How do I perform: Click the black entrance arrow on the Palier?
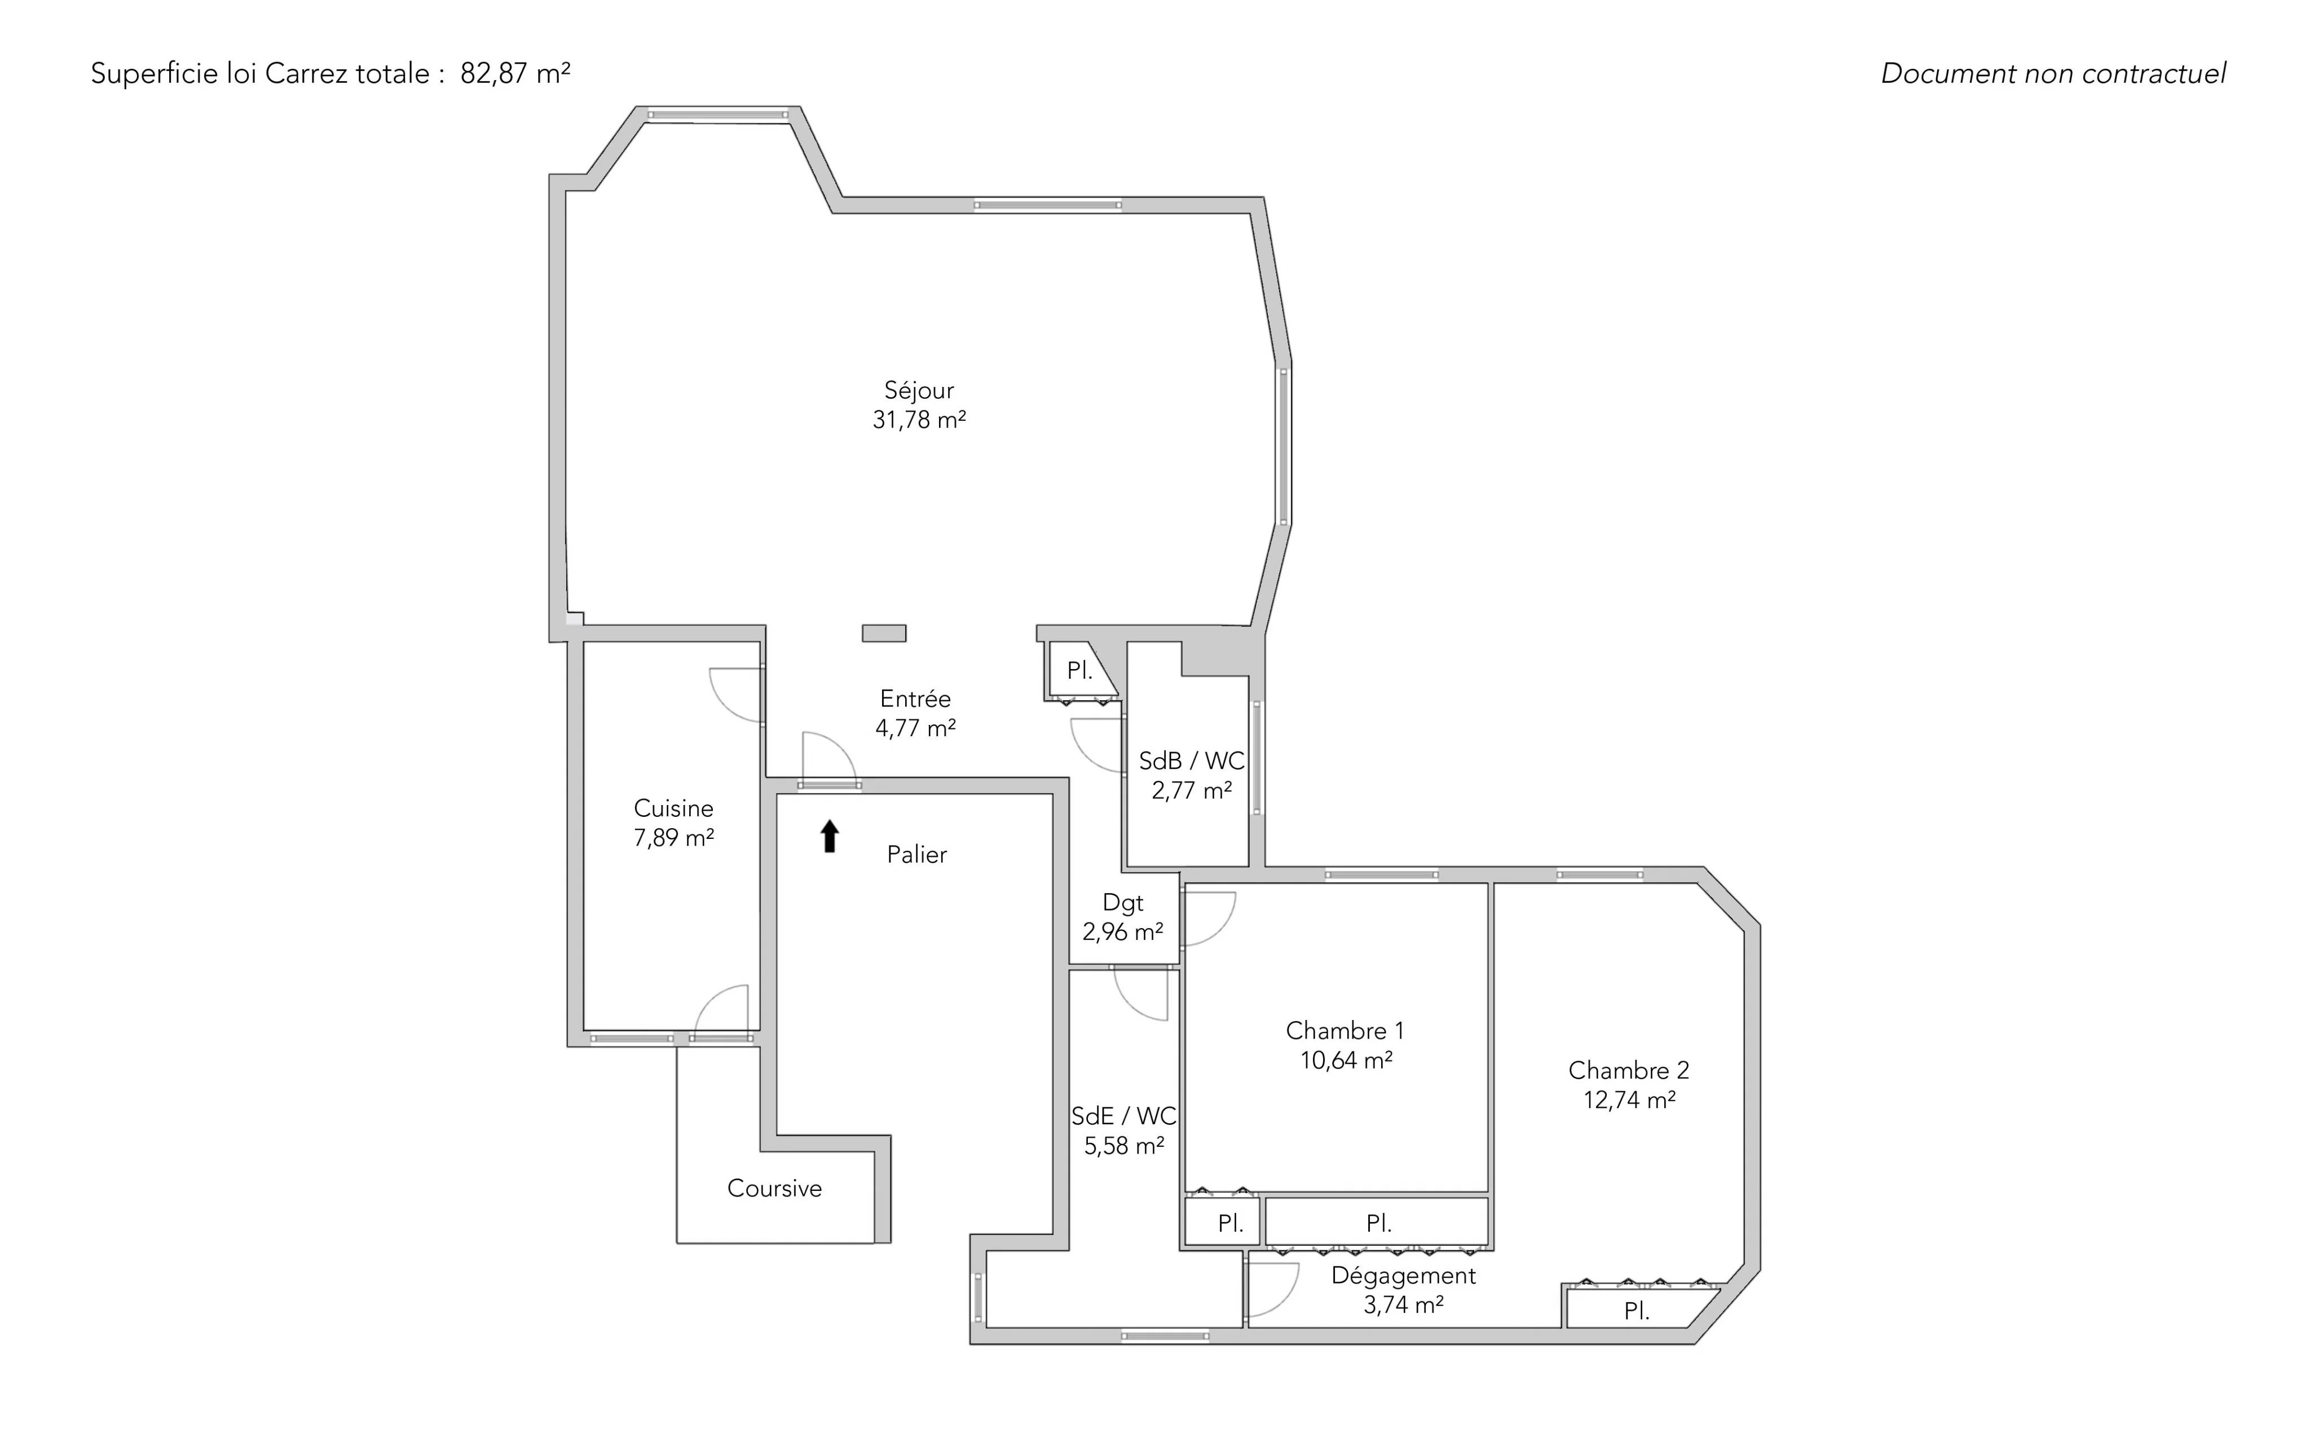[830, 836]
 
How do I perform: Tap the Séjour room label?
[919, 390]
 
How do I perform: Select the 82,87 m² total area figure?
[515, 73]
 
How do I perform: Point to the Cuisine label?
[673, 808]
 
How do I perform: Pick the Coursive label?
[774, 1188]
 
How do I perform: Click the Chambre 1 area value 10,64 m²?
[1346, 1059]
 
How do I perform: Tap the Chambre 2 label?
[1629, 1070]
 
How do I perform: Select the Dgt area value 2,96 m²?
[1122, 931]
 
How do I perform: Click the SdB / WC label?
[1192, 761]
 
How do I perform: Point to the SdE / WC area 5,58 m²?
[1125, 1145]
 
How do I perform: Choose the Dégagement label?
[1404, 1276]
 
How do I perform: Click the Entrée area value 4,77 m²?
[915, 727]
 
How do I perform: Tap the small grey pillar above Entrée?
[884, 634]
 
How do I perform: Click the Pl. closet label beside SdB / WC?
[1080, 671]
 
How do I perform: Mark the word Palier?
[917, 854]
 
